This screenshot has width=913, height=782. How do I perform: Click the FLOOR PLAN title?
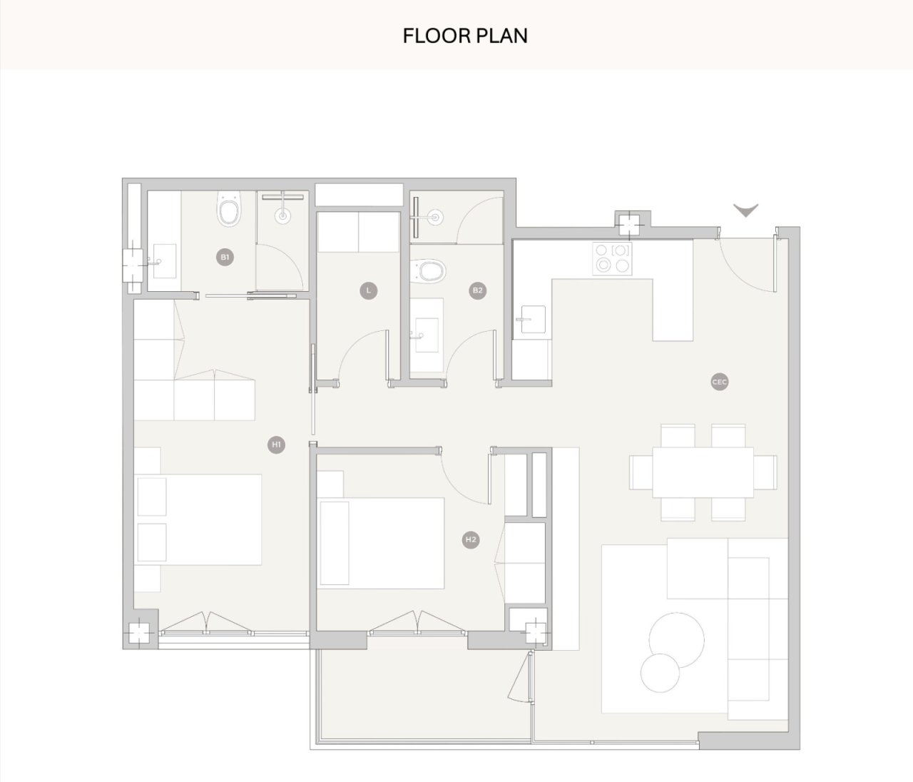point(465,36)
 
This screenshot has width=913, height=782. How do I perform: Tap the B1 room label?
point(225,257)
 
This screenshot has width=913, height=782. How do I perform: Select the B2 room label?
point(477,290)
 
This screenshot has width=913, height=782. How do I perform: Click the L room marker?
point(368,290)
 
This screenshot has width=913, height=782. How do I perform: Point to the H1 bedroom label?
point(276,445)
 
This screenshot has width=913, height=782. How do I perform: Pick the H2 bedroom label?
point(471,539)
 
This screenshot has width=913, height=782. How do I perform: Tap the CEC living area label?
point(720,382)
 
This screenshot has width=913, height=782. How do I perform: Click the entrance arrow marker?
point(746,210)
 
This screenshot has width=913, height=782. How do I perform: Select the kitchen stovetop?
point(612,258)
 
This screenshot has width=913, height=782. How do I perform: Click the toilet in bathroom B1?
point(229,209)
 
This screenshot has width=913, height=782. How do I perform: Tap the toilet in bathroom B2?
point(427,271)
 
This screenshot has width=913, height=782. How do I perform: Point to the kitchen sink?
point(533,319)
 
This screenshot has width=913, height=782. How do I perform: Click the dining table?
point(703,472)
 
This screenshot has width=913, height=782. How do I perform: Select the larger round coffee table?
point(677,640)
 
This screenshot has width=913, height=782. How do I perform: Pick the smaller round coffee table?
point(660,674)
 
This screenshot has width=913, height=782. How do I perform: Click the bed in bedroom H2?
point(381,543)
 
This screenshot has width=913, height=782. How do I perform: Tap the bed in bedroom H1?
point(198,519)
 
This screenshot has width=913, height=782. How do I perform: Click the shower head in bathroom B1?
point(282,215)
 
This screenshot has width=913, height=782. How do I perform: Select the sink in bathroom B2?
point(427,335)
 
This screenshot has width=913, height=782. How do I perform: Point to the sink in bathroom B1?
point(164,261)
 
